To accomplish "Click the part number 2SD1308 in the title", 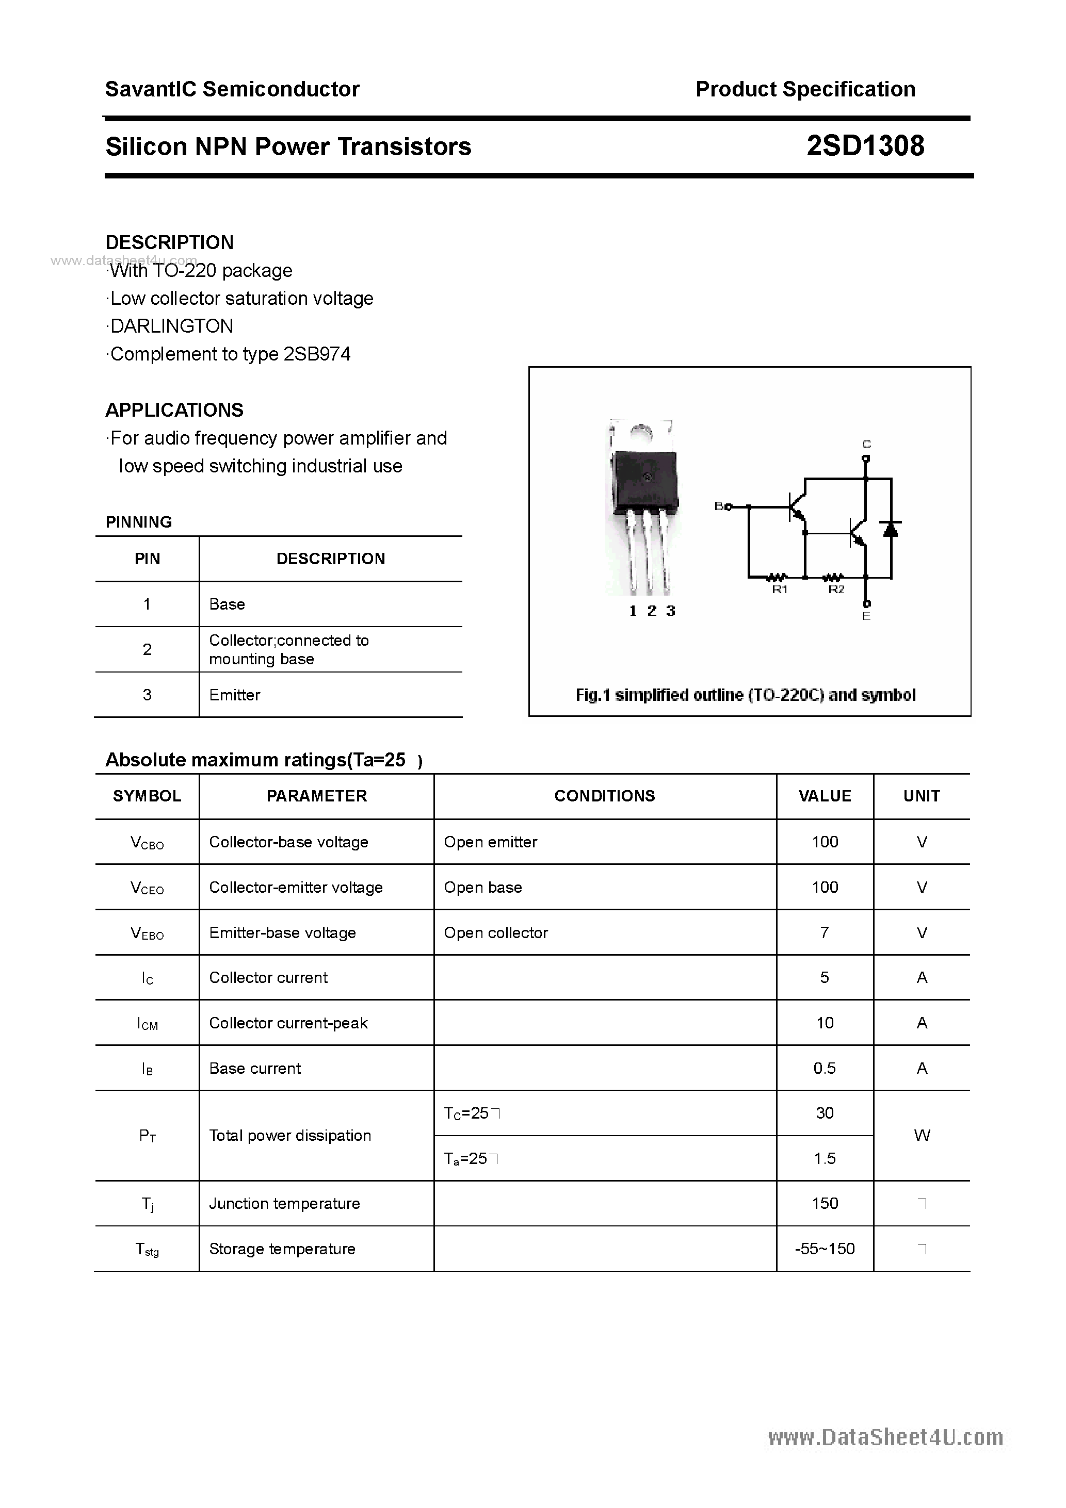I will (x=865, y=146).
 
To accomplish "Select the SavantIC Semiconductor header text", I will (x=232, y=89).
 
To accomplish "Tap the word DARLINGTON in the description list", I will (x=171, y=326).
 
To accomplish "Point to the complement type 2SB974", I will (x=317, y=354).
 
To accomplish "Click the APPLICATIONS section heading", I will (x=174, y=410).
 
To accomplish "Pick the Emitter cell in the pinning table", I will (x=235, y=695).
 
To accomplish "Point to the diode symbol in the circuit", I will (x=891, y=528).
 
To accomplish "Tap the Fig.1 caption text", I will (x=745, y=695).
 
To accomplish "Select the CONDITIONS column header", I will (x=605, y=796).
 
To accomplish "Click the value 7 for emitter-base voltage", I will (x=824, y=932).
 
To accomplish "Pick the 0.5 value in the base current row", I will (x=824, y=1068).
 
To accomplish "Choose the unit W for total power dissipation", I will (x=922, y=1136).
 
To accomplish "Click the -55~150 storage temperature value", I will (x=824, y=1249).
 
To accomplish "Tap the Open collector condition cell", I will (x=495, y=932).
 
